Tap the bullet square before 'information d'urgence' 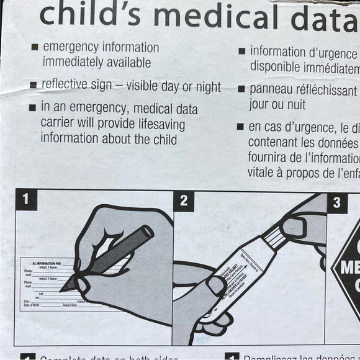(242, 52)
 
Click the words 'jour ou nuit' (277, 105)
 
